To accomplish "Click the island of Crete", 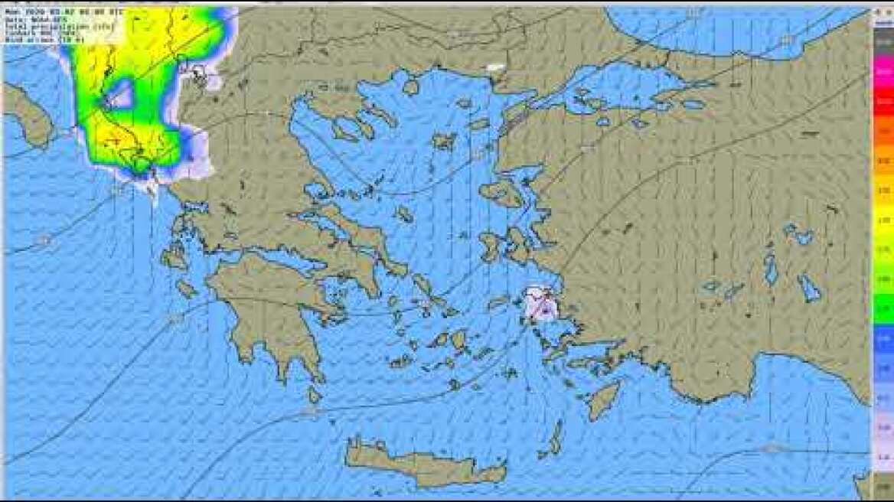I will (x=421, y=463).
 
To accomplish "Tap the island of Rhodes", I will (x=603, y=399).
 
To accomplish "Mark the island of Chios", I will (x=490, y=246).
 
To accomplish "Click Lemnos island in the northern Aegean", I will (x=443, y=141).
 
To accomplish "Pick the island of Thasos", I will (x=411, y=87).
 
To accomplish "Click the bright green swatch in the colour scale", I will (x=883, y=310).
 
